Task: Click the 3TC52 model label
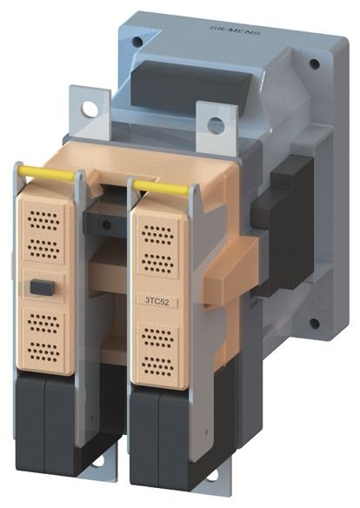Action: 157,302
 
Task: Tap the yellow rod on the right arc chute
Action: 162,187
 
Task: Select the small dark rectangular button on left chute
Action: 42,287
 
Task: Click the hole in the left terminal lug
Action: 90,109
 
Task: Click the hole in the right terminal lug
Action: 216,125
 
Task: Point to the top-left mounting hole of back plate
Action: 137,42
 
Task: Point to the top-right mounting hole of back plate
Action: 314,63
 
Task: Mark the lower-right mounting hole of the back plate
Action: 314,323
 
